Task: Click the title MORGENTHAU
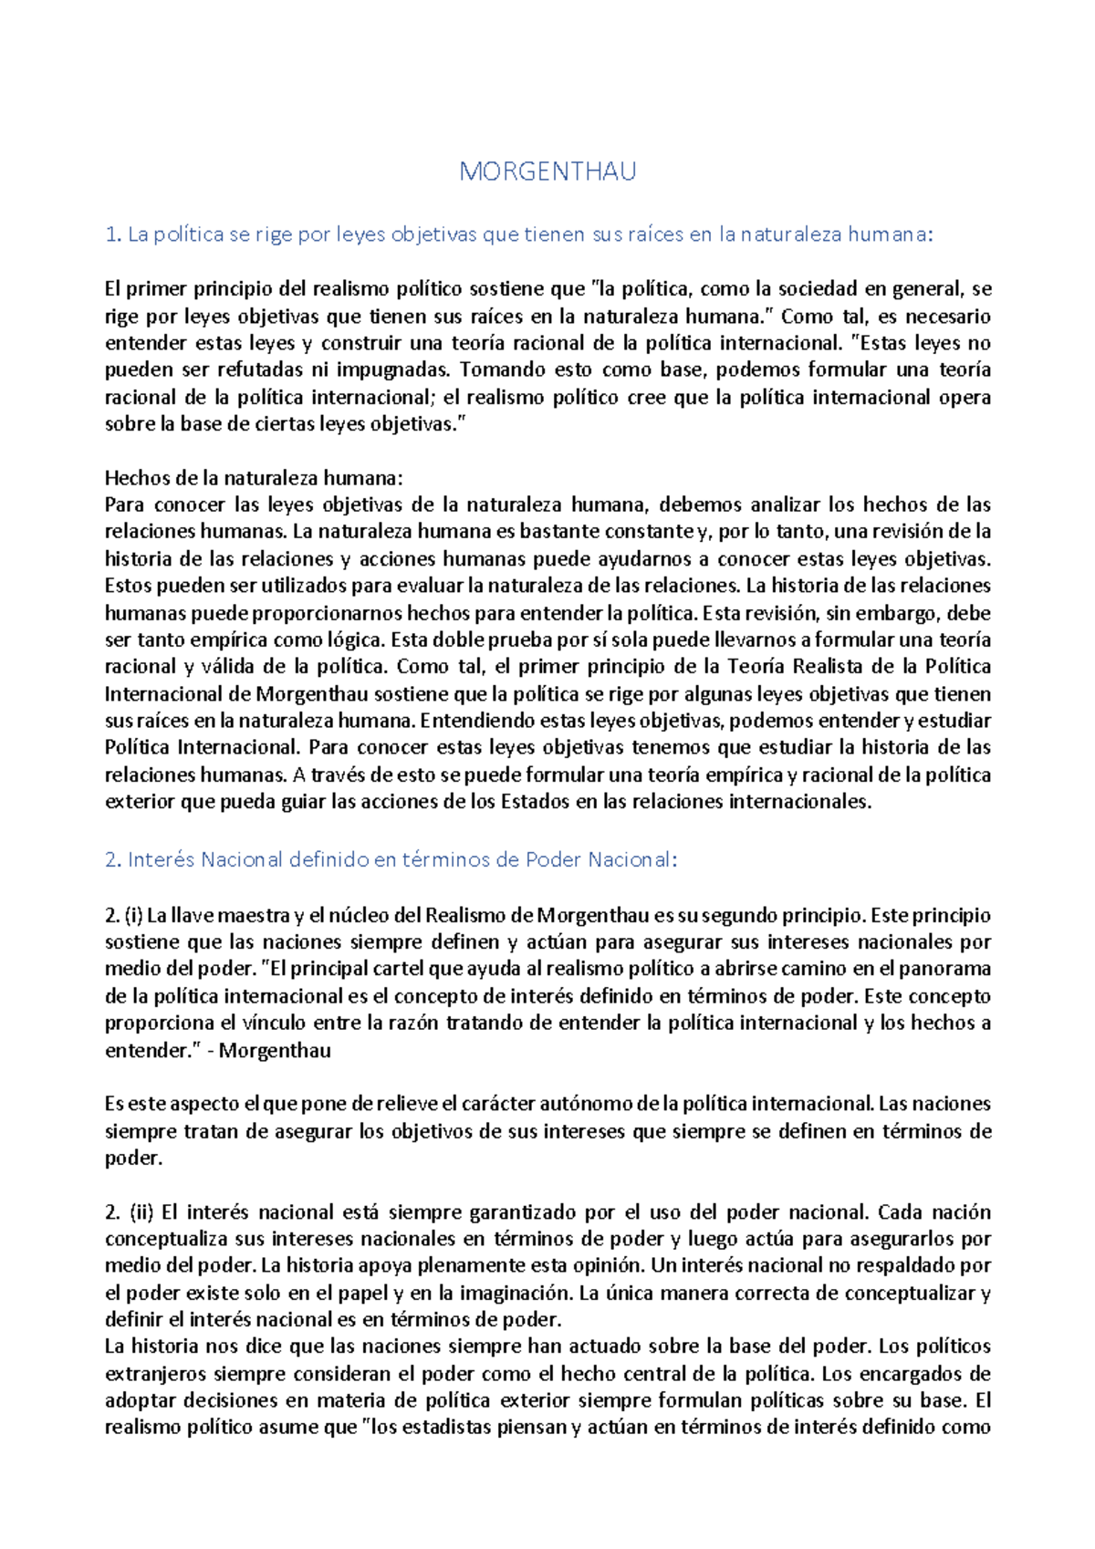(x=547, y=172)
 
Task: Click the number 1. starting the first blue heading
(x=113, y=234)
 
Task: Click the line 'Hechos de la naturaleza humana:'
(x=253, y=478)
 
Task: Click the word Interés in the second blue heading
(x=161, y=859)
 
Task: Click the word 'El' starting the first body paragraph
(x=112, y=289)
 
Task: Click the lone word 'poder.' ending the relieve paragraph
(x=133, y=1159)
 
